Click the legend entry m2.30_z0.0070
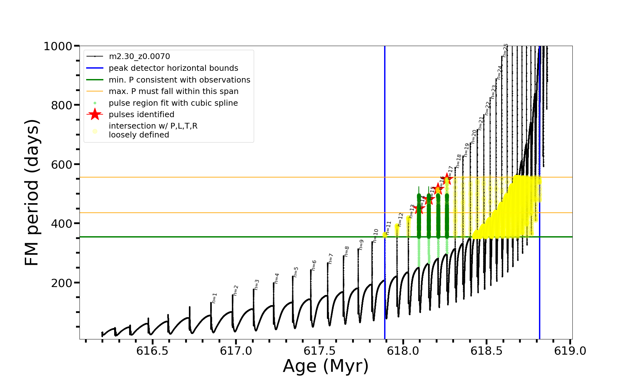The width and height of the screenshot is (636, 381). (139, 57)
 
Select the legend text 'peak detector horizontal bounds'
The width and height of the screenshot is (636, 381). (173, 68)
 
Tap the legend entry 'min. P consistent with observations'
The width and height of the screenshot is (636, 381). (179, 80)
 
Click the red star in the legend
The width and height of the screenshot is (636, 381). (95, 114)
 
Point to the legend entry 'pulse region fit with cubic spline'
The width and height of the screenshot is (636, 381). (173, 103)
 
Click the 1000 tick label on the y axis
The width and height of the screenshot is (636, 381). (58, 46)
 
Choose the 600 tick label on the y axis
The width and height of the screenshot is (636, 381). (62, 164)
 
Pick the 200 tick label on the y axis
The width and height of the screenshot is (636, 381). (62, 283)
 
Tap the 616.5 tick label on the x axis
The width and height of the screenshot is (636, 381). (152, 351)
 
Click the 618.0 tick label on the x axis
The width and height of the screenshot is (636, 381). (403, 351)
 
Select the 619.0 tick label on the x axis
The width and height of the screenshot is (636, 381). (570, 351)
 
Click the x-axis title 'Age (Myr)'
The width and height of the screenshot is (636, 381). (326, 366)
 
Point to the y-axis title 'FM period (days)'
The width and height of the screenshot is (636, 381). (32, 192)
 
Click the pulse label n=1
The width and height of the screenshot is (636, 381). (214, 298)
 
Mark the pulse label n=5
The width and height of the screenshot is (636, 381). (296, 272)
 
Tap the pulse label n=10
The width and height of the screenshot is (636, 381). (376, 236)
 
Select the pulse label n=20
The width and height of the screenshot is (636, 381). (474, 137)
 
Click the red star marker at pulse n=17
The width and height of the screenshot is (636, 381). (447, 178)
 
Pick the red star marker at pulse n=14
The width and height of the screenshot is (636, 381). (419, 209)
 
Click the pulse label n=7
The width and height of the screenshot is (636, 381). (330, 258)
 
